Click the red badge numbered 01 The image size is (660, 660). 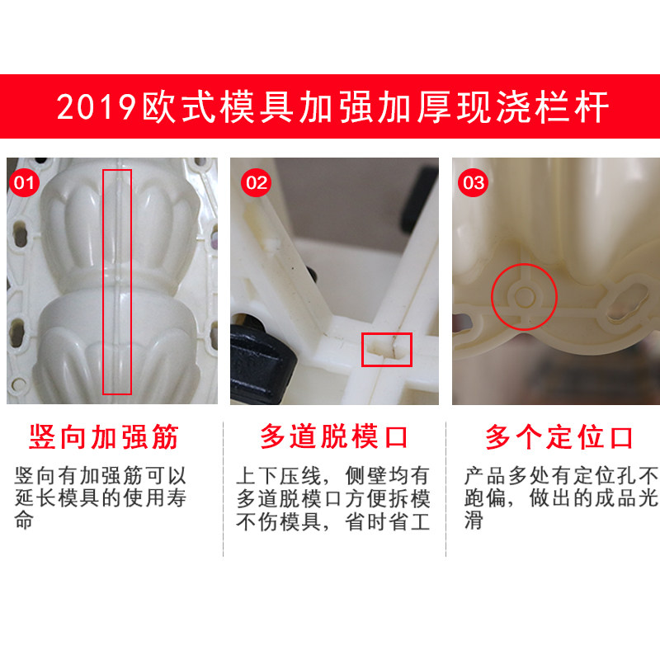(x=24, y=182)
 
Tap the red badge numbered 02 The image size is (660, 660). (x=257, y=182)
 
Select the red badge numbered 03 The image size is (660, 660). (x=473, y=182)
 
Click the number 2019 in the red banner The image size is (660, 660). (x=97, y=107)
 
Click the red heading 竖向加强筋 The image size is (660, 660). (x=104, y=437)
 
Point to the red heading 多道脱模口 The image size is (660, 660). (x=334, y=437)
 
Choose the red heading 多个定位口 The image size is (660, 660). (x=559, y=437)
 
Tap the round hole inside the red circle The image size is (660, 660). (x=525, y=297)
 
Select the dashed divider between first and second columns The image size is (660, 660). (x=223, y=488)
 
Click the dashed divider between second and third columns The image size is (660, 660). (x=445, y=488)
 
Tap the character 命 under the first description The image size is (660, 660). (x=24, y=521)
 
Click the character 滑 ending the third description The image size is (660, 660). (x=474, y=521)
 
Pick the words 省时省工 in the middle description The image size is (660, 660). (x=387, y=522)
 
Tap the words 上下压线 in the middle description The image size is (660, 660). (x=279, y=476)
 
